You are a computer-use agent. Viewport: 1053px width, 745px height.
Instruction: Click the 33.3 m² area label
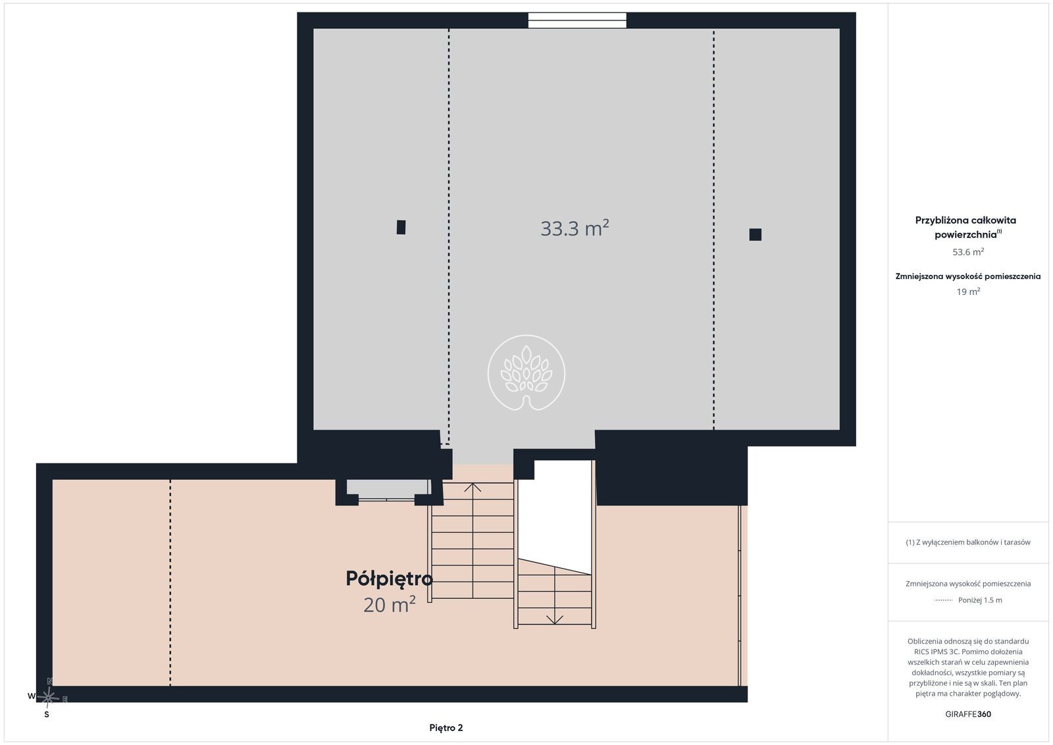575,228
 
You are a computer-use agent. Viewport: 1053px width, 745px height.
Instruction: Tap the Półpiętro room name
389,579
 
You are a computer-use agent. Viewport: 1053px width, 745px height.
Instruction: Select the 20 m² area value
389,605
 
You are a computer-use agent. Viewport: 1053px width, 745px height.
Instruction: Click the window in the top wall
577,20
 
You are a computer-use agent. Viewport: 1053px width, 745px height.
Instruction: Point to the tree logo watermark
526,372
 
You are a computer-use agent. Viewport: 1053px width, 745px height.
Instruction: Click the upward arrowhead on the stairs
473,488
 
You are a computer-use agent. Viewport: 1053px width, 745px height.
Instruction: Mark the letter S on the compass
47,715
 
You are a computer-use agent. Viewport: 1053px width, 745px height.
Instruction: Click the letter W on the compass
32,696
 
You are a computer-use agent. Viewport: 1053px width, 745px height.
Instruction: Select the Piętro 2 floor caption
446,728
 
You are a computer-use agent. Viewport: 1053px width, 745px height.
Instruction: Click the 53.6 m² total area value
968,252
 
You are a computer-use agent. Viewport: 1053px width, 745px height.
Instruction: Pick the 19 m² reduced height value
968,292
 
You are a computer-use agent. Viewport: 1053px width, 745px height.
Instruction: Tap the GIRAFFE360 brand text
968,714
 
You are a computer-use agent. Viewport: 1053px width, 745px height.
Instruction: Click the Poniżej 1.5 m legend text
980,600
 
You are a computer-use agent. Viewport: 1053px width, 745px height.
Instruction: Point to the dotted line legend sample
944,600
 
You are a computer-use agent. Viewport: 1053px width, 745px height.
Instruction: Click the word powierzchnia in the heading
965,235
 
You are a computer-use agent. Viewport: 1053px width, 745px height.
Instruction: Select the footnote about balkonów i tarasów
968,542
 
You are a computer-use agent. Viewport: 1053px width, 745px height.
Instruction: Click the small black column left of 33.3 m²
401,227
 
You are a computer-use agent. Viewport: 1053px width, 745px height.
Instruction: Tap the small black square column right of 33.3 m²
756,234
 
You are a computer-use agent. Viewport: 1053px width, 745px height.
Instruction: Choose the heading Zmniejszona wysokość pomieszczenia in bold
968,276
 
